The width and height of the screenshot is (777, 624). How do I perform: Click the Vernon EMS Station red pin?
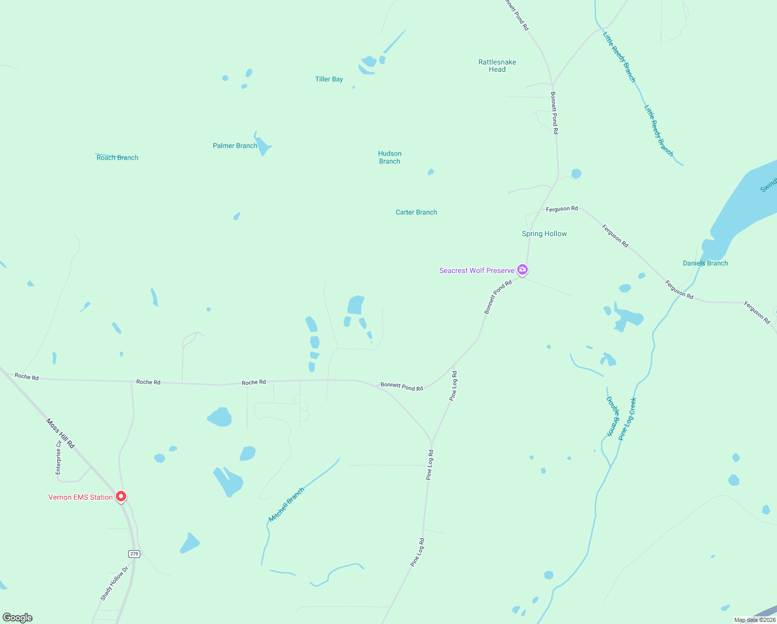(x=121, y=497)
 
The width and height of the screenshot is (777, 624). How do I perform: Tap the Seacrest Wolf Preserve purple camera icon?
(x=523, y=270)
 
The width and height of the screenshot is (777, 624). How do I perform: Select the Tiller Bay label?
(x=329, y=79)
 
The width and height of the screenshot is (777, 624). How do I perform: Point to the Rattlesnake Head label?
(x=497, y=66)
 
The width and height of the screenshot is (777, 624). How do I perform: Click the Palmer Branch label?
(x=235, y=146)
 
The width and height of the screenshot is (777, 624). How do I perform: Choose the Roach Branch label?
(x=117, y=158)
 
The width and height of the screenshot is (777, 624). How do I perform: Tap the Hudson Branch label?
(x=390, y=157)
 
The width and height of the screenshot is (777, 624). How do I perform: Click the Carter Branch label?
(x=416, y=212)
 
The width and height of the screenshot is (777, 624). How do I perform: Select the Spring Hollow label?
(x=544, y=234)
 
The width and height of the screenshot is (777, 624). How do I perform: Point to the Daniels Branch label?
(x=705, y=263)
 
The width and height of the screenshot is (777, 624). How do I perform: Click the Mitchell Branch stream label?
(x=286, y=505)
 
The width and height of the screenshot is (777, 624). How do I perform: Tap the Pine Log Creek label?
(x=627, y=419)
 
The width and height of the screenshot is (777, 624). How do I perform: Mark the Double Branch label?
(x=613, y=416)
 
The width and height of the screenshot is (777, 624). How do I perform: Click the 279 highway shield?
(x=135, y=554)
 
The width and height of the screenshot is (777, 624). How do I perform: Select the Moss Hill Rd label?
(x=60, y=433)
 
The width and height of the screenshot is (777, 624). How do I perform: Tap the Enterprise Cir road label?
(x=58, y=457)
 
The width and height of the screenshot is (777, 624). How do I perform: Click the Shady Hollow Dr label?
(x=114, y=583)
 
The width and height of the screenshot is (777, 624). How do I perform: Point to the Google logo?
(x=18, y=618)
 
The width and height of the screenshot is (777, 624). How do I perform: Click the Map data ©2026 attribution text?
(x=755, y=620)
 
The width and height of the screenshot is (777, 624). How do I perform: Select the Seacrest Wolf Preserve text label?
(x=477, y=270)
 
